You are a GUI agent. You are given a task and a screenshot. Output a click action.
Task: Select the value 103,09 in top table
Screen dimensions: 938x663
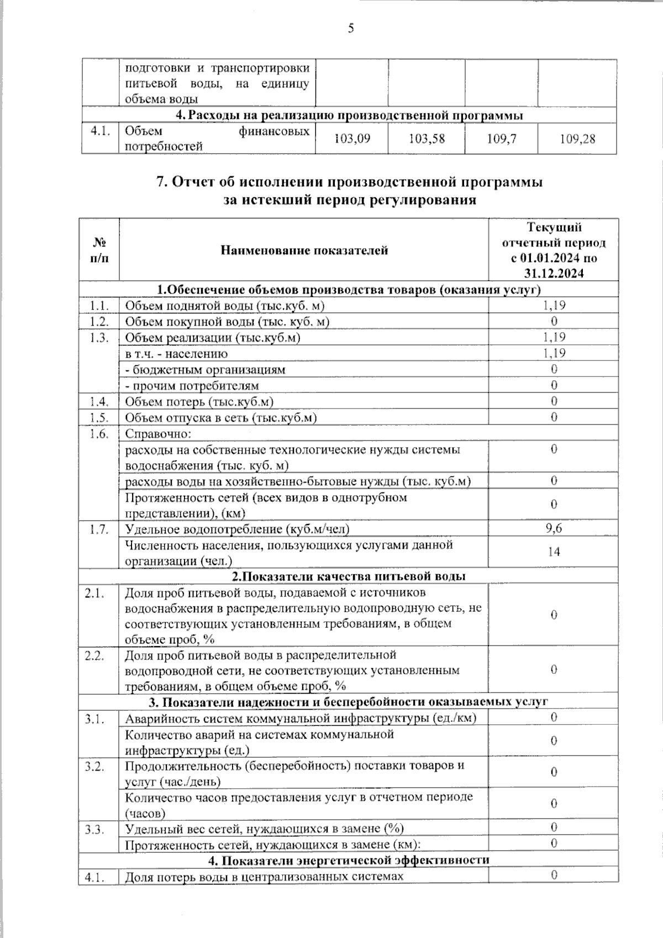(352, 139)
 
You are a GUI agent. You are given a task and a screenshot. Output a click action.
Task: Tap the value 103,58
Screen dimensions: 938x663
(427, 139)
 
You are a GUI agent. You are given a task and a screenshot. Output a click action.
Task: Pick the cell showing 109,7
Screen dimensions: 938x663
(501, 139)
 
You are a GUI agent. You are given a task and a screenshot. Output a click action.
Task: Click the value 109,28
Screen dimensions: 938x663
(577, 139)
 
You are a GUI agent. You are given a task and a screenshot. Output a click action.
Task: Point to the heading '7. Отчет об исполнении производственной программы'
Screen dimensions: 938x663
(350, 182)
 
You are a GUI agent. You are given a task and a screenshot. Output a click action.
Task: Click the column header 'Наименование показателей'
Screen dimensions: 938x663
(304, 250)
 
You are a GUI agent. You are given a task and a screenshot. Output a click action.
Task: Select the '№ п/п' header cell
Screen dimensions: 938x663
(99, 250)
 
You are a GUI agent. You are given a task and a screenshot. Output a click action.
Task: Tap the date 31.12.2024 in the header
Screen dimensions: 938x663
(554, 273)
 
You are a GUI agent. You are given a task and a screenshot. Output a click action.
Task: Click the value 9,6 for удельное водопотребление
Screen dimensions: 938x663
(554, 528)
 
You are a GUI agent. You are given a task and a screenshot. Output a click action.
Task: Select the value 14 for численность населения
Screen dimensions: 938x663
(554, 552)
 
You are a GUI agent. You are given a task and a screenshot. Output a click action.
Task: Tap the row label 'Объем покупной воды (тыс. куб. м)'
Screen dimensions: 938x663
(227, 322)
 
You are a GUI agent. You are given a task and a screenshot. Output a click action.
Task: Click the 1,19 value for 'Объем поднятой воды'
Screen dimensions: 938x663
(554, 305)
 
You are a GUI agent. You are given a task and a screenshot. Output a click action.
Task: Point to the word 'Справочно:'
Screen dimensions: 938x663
(158, 434)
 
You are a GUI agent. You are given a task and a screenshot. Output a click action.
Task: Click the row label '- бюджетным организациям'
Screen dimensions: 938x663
(205, 370)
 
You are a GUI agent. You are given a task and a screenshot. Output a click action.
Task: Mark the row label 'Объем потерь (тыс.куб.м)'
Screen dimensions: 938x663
(199, 402)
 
